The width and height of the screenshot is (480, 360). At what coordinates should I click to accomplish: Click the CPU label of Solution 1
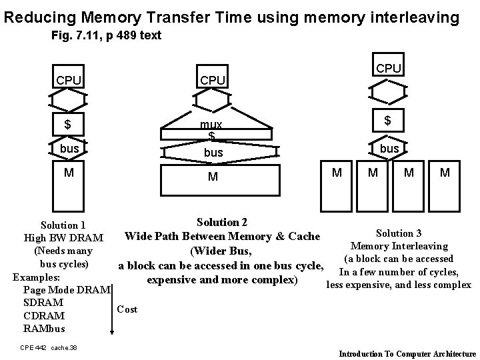coord(69,81)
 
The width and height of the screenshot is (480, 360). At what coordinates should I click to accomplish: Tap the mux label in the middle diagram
coord(212,125)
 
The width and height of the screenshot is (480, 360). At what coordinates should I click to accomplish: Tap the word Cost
coord(127,309)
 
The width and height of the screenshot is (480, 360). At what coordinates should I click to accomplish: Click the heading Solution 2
coord(222,222)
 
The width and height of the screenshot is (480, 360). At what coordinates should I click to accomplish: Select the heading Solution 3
coord(399,233)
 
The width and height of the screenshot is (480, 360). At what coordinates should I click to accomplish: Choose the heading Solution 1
coord(63,226)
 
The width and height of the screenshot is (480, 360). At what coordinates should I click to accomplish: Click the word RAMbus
coord(45,329)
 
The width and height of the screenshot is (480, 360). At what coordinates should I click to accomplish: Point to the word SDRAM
coord(43,303)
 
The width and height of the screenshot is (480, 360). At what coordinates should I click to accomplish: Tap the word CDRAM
coord(44,316)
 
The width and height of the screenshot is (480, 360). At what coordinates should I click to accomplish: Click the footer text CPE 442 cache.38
coord(49,347)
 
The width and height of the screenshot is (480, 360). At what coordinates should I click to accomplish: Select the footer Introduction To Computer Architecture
coord(408,353)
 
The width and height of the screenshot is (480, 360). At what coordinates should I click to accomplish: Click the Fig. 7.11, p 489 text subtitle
coord(106,35)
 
